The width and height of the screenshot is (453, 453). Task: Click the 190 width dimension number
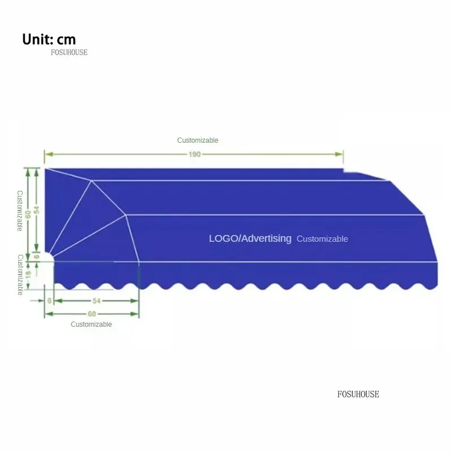(x=194, y=154)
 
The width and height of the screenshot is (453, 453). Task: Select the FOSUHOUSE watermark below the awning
(x=358, y=394)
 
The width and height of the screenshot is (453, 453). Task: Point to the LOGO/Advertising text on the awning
(x=250, y=238)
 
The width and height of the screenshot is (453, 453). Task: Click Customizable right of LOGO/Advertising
(x=322, y=239)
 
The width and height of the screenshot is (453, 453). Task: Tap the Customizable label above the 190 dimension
(x=198, y=140)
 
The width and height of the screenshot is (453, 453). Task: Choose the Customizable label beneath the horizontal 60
(x=91, y=324)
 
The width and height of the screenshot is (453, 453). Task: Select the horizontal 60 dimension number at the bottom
(x=91, y=313)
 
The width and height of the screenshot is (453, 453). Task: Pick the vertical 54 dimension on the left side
(x=37, y=209)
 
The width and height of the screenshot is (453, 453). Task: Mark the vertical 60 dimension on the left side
(x=28, y=215)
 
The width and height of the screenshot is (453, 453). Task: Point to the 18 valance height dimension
(x=28, y=273)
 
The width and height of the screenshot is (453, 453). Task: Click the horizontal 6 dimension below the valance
(x=49, y=300)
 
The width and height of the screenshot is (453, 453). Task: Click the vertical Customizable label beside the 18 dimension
(x=20, y=275)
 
